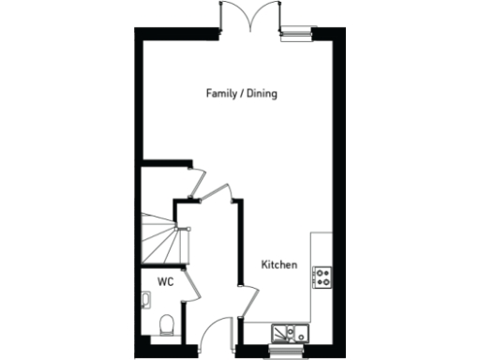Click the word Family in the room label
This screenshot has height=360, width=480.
tap(221, 94)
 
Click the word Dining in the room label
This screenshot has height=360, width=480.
tap(262, 94)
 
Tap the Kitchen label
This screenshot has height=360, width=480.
tap(279, 265)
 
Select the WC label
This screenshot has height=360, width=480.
tap(165, 280)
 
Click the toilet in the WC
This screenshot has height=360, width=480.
tap(167, 324)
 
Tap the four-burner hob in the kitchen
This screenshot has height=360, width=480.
tap(323, 276)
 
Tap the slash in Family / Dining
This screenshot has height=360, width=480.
tap(242, 94)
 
